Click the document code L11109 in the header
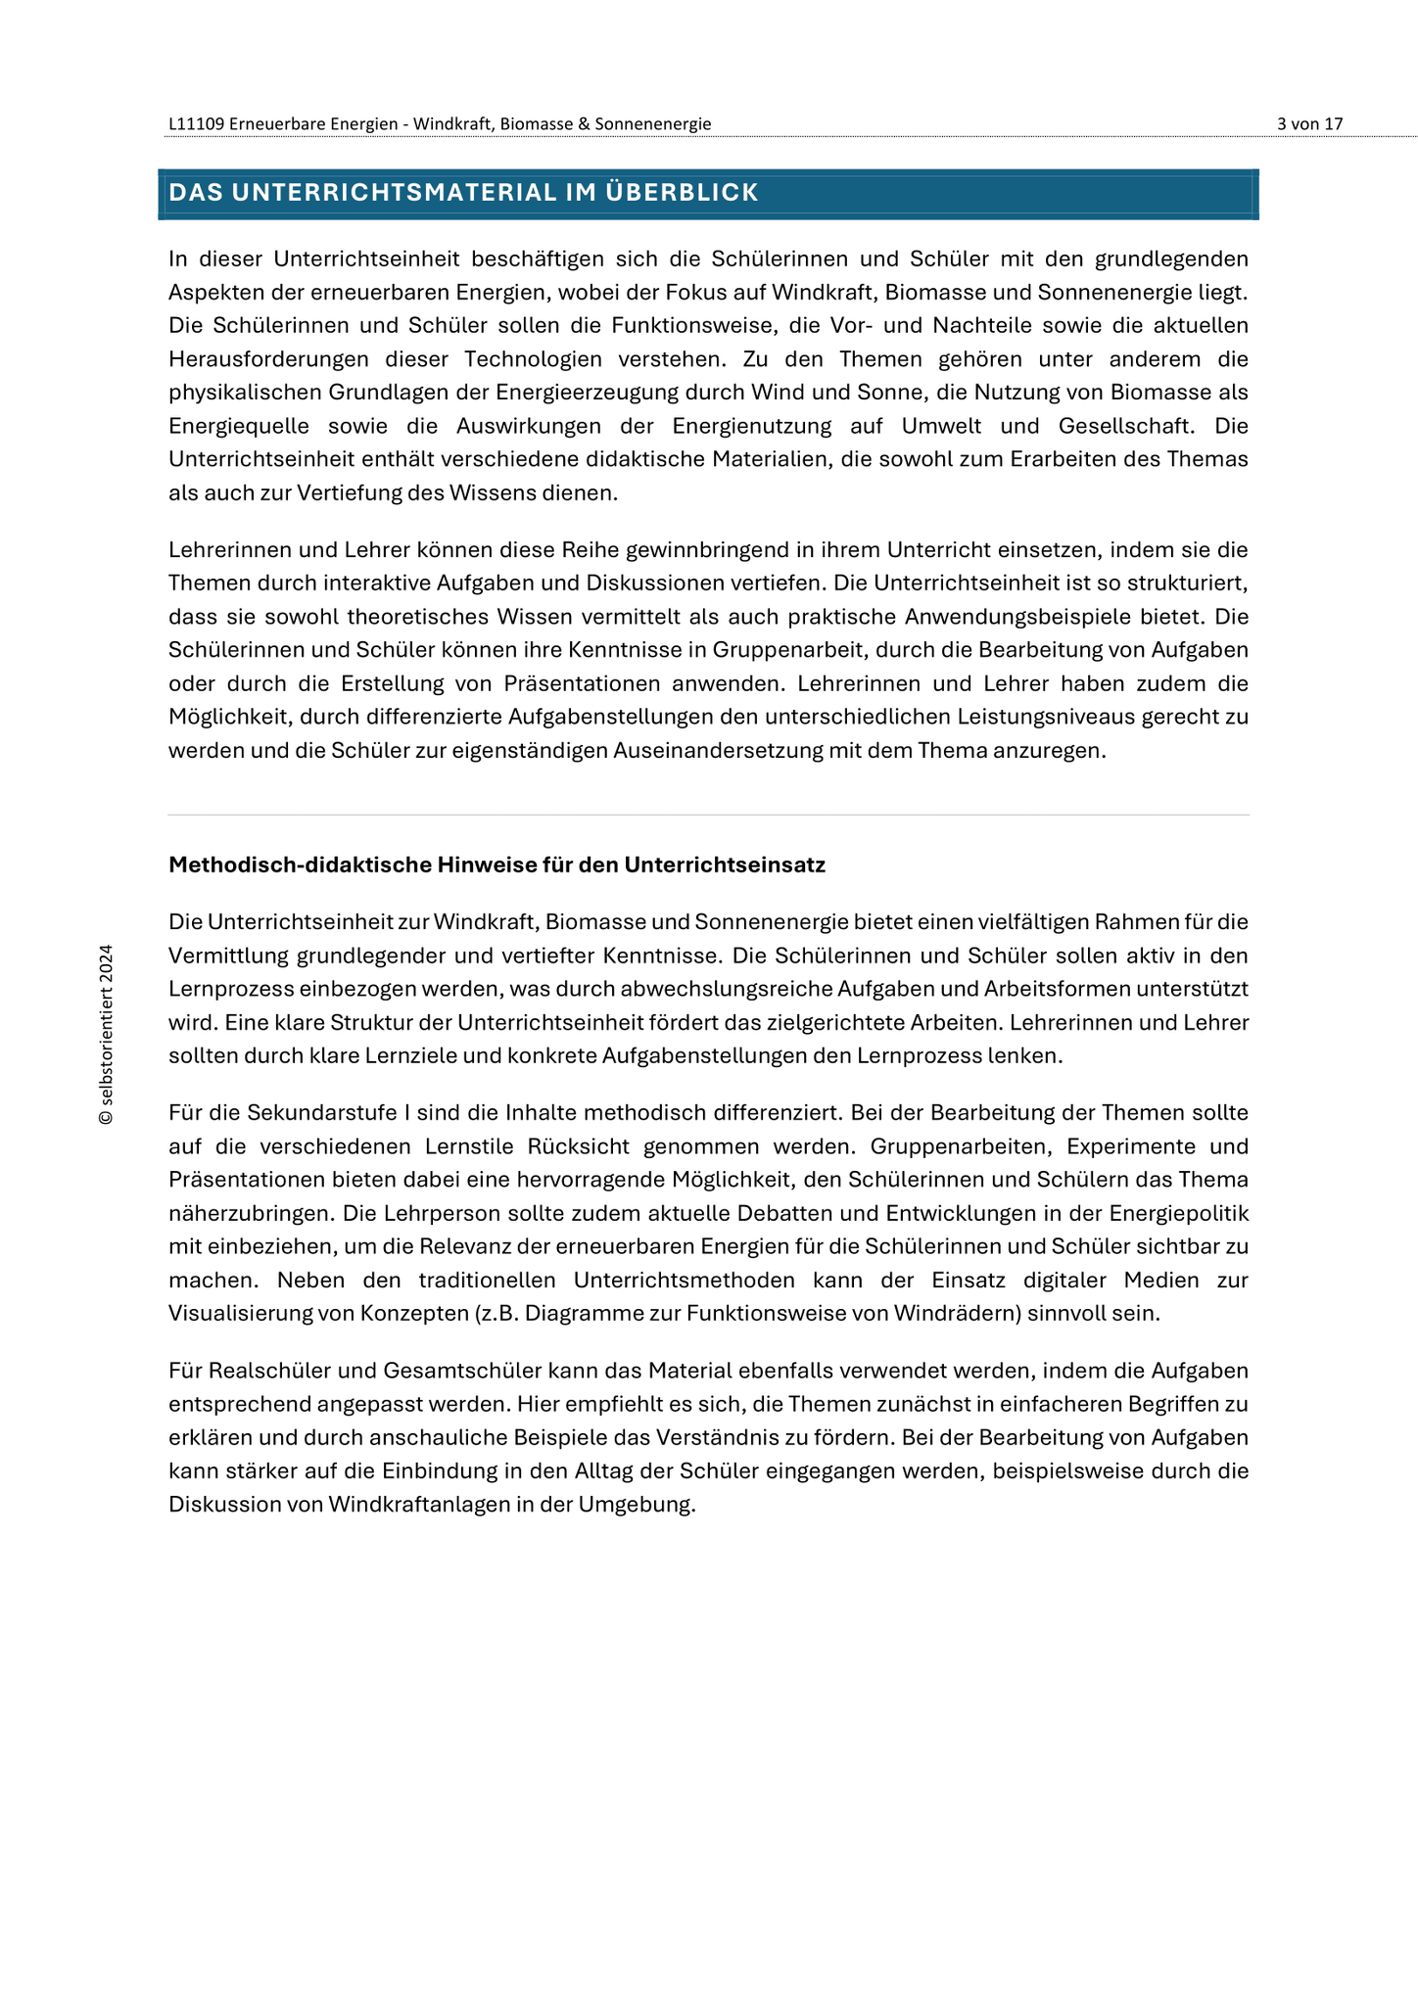pos(197,124)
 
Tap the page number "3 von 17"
pos(1309,124)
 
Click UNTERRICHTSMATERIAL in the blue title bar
pos(395,193)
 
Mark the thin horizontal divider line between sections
pos(709,815)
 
